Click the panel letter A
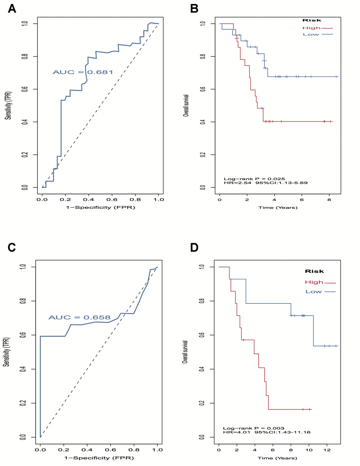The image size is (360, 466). [12, 8]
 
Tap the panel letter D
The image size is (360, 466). [194, 248]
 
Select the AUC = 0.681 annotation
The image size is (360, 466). [83, 72]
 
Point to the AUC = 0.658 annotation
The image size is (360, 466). [79, 317]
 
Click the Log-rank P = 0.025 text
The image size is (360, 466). [254, 179]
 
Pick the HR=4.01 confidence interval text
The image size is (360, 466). [266, 432]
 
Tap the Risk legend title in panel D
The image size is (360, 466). [314, 271]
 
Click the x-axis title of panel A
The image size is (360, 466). [101, 207]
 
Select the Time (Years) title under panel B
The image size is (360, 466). [278, 207]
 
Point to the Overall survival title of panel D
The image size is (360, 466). [185, 352]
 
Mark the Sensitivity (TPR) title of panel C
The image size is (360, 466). [6, 352]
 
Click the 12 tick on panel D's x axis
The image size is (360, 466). [327, 450]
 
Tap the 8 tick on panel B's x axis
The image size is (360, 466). [329, 200]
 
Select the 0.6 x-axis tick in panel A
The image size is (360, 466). [112, 200]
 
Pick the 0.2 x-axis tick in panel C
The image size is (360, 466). [64, 450]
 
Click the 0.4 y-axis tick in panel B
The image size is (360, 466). [203, 122]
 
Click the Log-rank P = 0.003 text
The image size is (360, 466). [253, 428]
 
